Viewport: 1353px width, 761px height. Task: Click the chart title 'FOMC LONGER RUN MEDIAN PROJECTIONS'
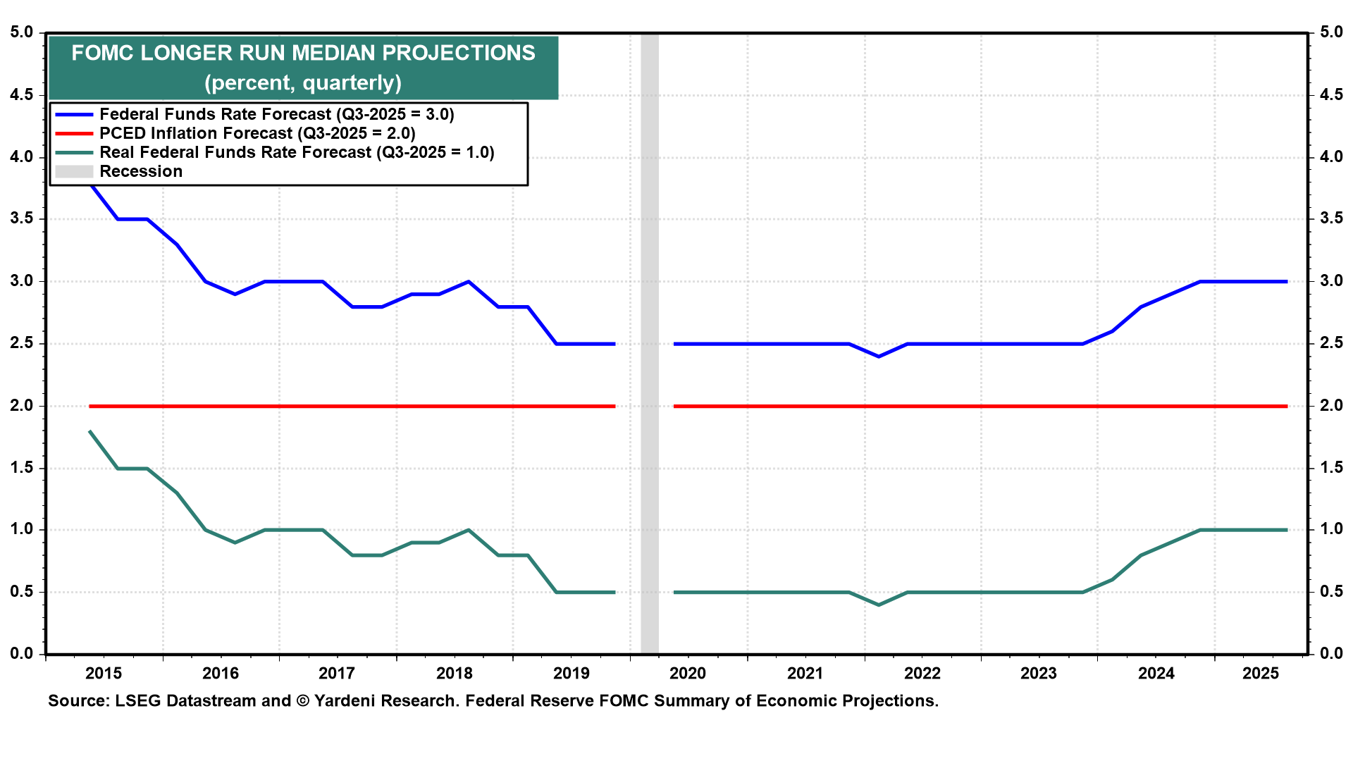pyautogui.click(x=303, y=54)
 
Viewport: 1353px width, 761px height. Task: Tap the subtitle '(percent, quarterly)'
pyautogui.click(x=303, y=83)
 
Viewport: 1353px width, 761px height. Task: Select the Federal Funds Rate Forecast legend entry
pyautogui.click(x=276, y=114)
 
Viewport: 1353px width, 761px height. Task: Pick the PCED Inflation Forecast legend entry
pyautogui.click(x=257, y=133)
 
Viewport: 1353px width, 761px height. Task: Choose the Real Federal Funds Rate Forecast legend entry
pyautogui.click(x=297, y=152)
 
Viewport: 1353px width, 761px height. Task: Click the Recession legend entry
pyautogui.click(x=140, y=171)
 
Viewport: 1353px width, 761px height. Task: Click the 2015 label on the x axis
pyautogui.click(x=104, y=674)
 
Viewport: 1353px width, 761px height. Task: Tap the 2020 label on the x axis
pyautogui.click(x=688, y=674)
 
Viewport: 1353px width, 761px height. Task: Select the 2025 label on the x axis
pyautogui.click(x=1261, y=674)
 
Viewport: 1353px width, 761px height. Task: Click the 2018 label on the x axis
pyautogui.click(x=455, y=674)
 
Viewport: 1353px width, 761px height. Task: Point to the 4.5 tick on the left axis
pyautogui.click(x=22, y=95)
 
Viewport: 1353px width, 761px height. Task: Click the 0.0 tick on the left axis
pyautogui.click(x=22, y=653)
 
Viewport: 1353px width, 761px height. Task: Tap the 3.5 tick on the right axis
pyautogui.click(x=1331, y=219)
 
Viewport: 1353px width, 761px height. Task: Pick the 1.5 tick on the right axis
pyautogui.click(x=1331, y=468)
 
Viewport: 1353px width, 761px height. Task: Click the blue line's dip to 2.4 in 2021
pyautogui.click(x=878, y=357)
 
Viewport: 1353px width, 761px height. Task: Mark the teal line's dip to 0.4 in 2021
pyautogui.click(x=878, y=605)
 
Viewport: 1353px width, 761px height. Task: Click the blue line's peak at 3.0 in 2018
pyautogui.click(x=469, y=282)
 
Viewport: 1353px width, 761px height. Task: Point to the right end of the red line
pyautogui.click(x=1286, y=407)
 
